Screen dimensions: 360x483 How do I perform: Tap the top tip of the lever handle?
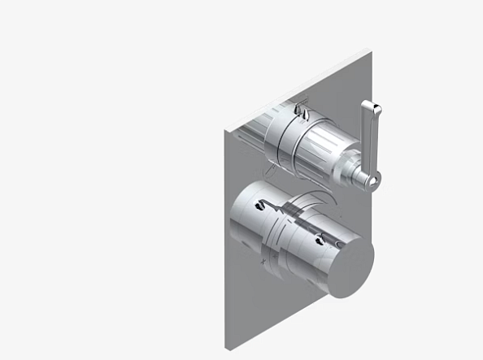coord(368,104)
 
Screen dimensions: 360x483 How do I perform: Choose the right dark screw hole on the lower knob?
coord(319,238)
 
